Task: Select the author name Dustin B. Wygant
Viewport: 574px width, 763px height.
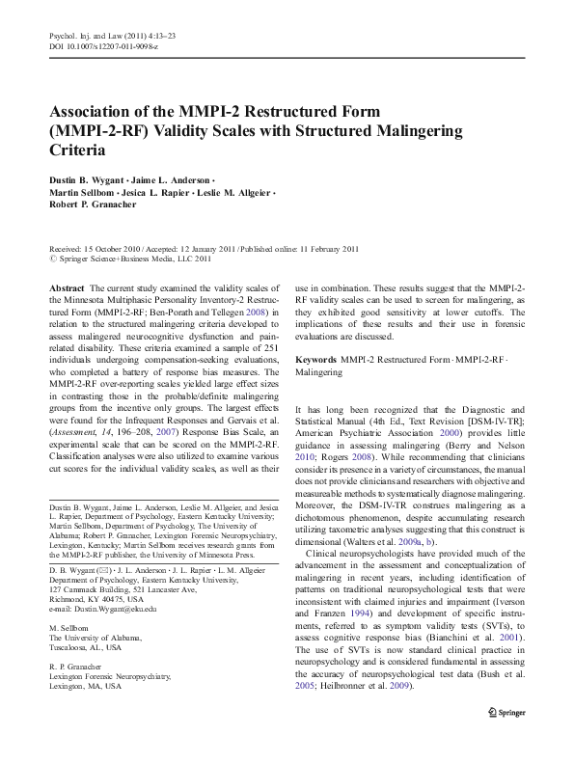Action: [x=91, y=180]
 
